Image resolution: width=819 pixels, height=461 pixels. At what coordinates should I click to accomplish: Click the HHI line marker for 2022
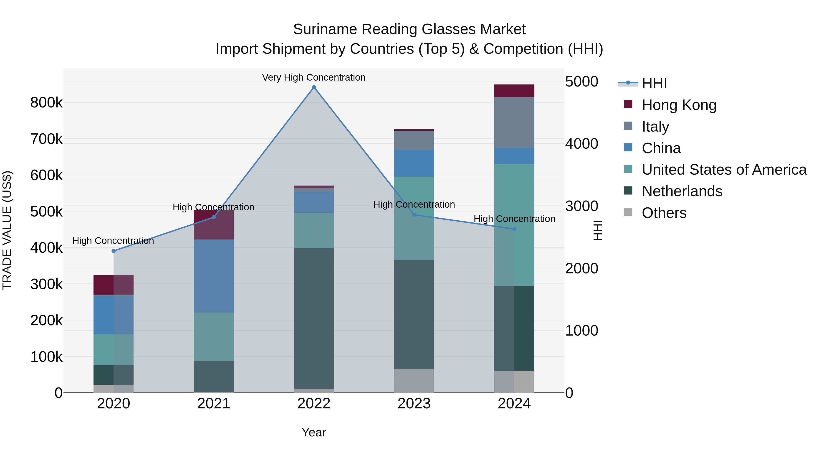(314, 87)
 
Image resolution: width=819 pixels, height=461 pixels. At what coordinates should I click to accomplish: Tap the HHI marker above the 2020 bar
(114, 251)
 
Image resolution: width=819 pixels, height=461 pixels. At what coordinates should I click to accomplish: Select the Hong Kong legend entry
(679, 105)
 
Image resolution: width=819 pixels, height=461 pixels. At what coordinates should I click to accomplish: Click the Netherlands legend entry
(682, 191)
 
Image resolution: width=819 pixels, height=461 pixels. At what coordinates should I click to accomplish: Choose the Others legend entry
(664, 213)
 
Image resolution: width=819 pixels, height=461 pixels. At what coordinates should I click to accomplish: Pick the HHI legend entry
(654, 83)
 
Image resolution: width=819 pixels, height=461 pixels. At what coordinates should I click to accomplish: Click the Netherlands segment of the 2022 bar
(314, 318)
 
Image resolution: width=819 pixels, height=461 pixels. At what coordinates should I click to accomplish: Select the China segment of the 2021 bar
(214, 276)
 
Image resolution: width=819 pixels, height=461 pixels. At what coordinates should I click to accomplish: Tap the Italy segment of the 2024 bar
(514, 122)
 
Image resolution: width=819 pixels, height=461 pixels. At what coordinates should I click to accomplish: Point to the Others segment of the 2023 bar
(414, 380)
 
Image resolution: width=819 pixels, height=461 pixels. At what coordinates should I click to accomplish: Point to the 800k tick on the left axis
(46, 103)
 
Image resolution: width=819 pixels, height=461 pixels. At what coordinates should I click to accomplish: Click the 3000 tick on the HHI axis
(581, 206)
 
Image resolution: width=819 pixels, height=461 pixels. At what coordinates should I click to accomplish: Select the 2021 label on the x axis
(214, 404)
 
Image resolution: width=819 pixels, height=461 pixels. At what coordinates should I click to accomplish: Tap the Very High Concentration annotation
(313, 77)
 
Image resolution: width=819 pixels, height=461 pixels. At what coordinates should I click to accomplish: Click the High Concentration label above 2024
(514, 219)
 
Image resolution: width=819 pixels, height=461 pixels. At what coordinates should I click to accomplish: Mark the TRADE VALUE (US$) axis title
(7, 230)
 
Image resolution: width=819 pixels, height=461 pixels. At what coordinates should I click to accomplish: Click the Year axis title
(313, 432)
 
